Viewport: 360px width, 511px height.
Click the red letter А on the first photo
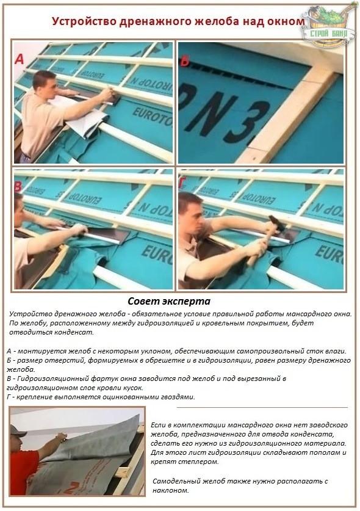point(20,59)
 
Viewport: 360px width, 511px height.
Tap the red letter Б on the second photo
point(185,60)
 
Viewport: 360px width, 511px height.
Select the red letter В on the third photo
point(18,186)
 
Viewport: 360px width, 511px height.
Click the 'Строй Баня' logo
point(329,26)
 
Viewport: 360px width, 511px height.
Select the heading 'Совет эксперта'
point(169,301)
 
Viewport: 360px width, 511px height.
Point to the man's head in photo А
point(45,84)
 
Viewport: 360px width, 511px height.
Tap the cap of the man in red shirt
point(17,431)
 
